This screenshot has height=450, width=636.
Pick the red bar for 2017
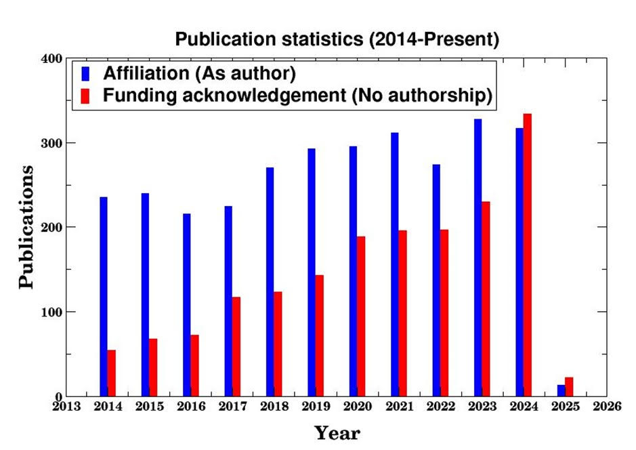236,346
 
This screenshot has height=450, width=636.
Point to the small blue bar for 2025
561,391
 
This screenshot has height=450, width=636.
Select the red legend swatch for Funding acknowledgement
85,96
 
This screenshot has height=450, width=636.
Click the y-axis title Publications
26,227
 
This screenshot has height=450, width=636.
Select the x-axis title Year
337,433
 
